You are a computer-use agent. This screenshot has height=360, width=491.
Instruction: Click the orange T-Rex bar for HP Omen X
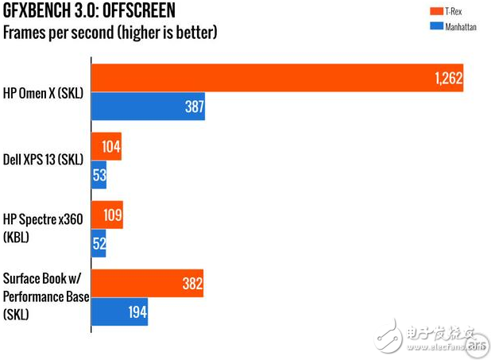pyautogui.click(x=277, y=78)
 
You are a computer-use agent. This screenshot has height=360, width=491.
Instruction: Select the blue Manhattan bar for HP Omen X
pyautogui.click(x=149, y=106)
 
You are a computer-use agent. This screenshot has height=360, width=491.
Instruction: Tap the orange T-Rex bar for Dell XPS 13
pyautogui.click(x=106, y=146)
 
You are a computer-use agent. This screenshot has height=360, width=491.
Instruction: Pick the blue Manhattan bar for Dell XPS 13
pyautogui.click(x=99, y=174)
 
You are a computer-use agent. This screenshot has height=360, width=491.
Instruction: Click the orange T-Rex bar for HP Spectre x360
pyautogui.click(x=107, y=215)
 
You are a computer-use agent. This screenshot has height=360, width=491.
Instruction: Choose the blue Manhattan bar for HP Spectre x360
pyautogui.click(x=99, y=243)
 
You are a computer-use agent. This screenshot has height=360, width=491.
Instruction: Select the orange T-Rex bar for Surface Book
pyautogui.click(x=148, y=284)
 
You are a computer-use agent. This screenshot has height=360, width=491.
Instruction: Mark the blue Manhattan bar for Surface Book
pyautogui.click(x=120, y=312)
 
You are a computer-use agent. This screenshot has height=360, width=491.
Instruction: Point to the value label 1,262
pyautogui.click(x=448, y=79)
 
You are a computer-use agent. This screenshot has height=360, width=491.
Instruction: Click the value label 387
pyautogui.click(x=192, y=106)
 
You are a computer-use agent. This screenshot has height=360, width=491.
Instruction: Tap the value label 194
pyautogui.click(x=136, y=312)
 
